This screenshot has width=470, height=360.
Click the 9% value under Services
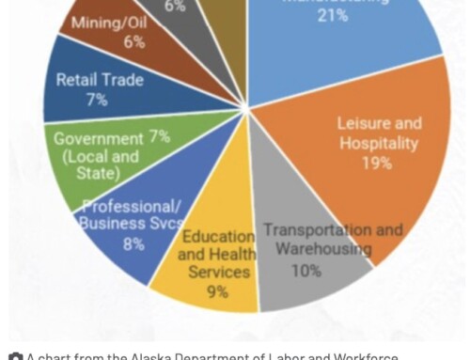[217, 291]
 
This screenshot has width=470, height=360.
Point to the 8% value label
[133, 243]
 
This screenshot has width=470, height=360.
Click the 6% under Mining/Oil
[133, 41]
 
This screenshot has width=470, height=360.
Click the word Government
[97, 138]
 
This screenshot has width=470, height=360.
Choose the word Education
[218, 235]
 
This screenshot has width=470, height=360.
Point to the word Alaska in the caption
[137, 357]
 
